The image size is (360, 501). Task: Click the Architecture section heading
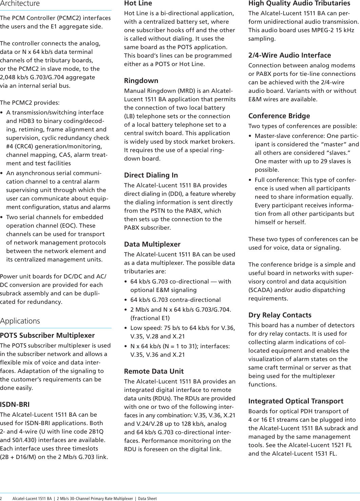[20, 4]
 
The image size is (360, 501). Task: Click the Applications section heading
[20, 321]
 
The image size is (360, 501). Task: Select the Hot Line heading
[138, 3]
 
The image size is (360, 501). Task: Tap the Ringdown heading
[141, 81]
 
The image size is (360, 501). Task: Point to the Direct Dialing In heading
[151, 175]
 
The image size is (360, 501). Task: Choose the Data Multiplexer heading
[152, 244]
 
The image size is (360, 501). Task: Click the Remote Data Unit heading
[154, 371]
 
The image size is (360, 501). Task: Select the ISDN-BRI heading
[15, 404]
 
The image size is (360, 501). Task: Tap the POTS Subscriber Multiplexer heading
[47, 335]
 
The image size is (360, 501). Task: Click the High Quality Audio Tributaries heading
[299, 3]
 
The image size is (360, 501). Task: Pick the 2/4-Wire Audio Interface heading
[289, 55]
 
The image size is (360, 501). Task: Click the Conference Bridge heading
[279, 116]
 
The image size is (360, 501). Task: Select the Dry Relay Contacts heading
[280, 315]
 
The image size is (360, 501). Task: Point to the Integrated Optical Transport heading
[296, 401]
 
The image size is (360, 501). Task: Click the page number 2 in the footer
[1, 498]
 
